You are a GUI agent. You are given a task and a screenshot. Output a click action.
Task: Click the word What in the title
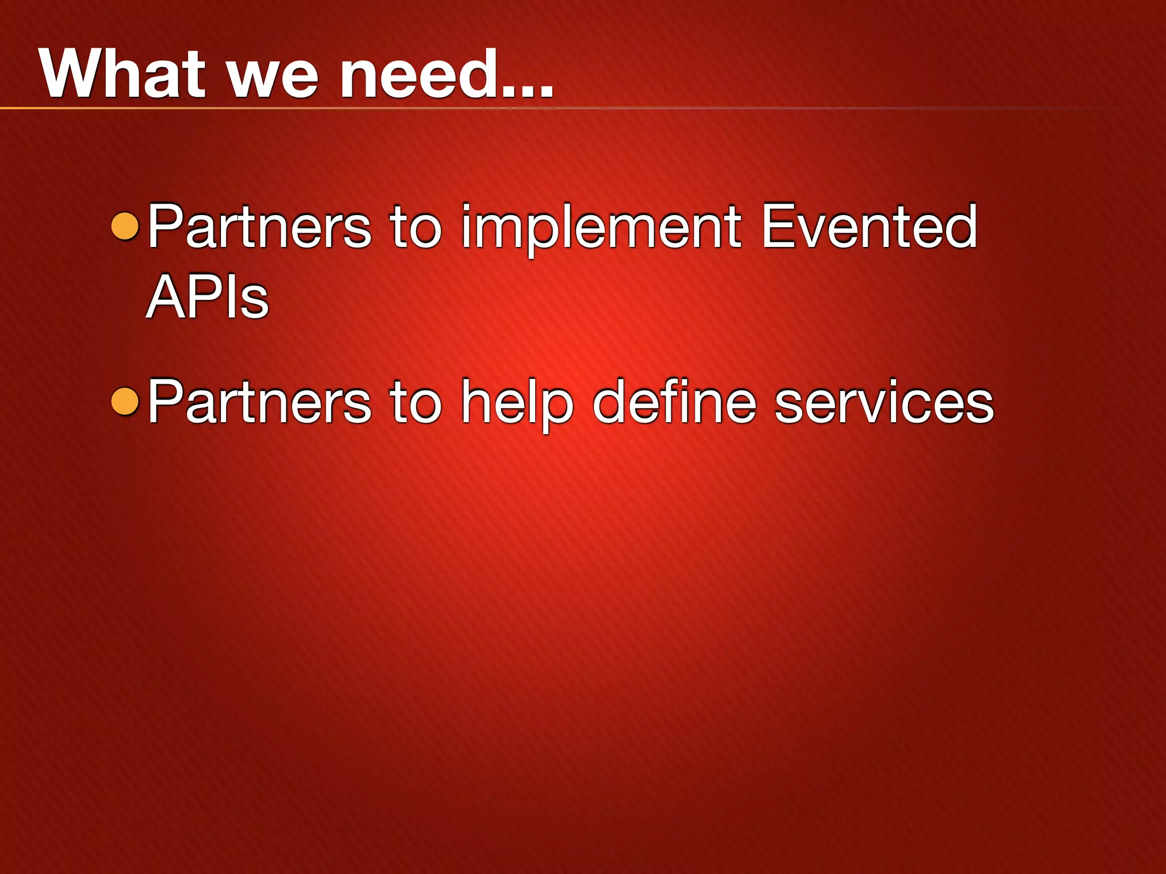[122, 74]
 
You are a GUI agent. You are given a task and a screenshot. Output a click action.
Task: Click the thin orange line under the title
[228, 108]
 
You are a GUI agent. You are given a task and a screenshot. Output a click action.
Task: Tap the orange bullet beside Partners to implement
[125, 226]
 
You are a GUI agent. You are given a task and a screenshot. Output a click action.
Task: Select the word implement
[601, 228]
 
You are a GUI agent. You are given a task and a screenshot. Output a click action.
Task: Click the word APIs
[207, 297]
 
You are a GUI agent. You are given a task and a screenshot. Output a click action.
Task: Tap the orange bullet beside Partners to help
[125, 402]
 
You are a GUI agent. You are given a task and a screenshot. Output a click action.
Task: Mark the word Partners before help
[260, 402]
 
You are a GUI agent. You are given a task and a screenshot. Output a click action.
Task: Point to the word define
[675, 402]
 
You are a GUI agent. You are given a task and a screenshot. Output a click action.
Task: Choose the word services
[884, 403]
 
